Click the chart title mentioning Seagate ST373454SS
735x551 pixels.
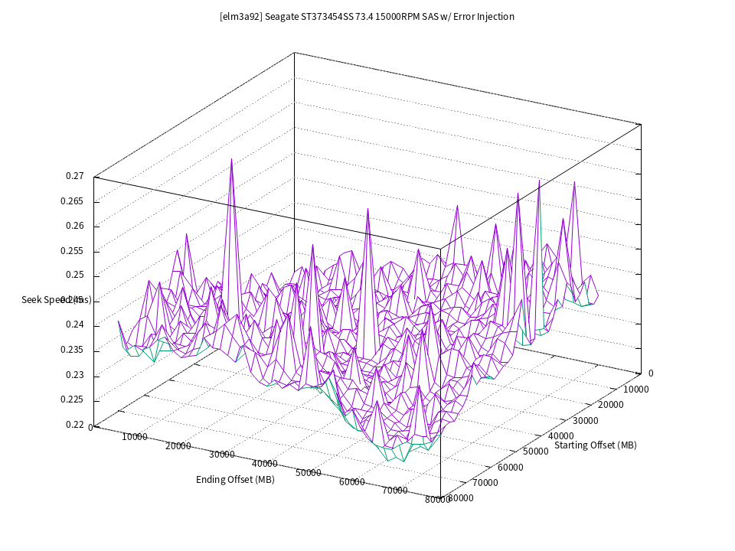[x=367, y=17]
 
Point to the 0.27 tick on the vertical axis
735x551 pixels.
[x=74, y=176]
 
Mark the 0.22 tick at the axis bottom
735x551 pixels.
[x=74, y=425]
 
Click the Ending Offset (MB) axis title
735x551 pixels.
[x=235, y=480]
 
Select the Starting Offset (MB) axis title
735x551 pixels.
[x=595, y=445]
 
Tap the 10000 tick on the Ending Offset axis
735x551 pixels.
[x=135, y=438]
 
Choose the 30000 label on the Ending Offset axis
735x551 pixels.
[x=222, y=455]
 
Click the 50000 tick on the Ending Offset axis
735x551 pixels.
[x=309, y=473]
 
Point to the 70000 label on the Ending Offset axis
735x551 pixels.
[x=395, y=491]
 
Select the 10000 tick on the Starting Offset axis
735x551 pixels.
[x=635, y=389]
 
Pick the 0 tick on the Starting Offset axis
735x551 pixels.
[x=651, y=373]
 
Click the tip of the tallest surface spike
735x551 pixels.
[x=231, y=159]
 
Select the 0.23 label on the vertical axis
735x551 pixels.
[x=74, y=375]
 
